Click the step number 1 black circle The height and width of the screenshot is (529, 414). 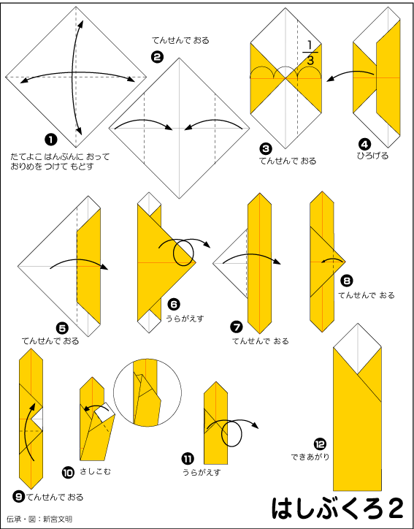(x=51, y=140)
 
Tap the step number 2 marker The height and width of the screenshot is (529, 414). (x=157, y=57)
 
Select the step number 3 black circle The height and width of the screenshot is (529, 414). (x=266, y=149)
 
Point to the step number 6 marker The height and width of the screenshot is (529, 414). (x=174, y=305)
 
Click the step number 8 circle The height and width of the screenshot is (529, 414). (x=347, y=281)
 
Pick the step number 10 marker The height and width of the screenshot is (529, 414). (x=68, y=472)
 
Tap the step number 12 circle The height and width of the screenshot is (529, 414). (x=320, y=444)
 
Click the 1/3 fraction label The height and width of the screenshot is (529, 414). (x=310, y=53)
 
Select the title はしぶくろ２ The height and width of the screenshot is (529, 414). (x=337, y=508)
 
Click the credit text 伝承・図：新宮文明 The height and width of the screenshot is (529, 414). (x=39, y=519)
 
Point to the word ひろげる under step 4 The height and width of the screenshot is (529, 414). (x=372, y=156)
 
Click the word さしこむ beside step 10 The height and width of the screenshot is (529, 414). (x=96, y=471)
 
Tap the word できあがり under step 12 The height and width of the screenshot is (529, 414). (x=310, y=457)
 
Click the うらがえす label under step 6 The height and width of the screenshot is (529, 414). (x=185, y=318)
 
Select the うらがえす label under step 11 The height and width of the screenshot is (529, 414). (x=202, y=472)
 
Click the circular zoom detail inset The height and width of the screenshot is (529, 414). (x=147, y=392)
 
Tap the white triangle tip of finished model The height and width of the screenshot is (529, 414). (x=357, y=344)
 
